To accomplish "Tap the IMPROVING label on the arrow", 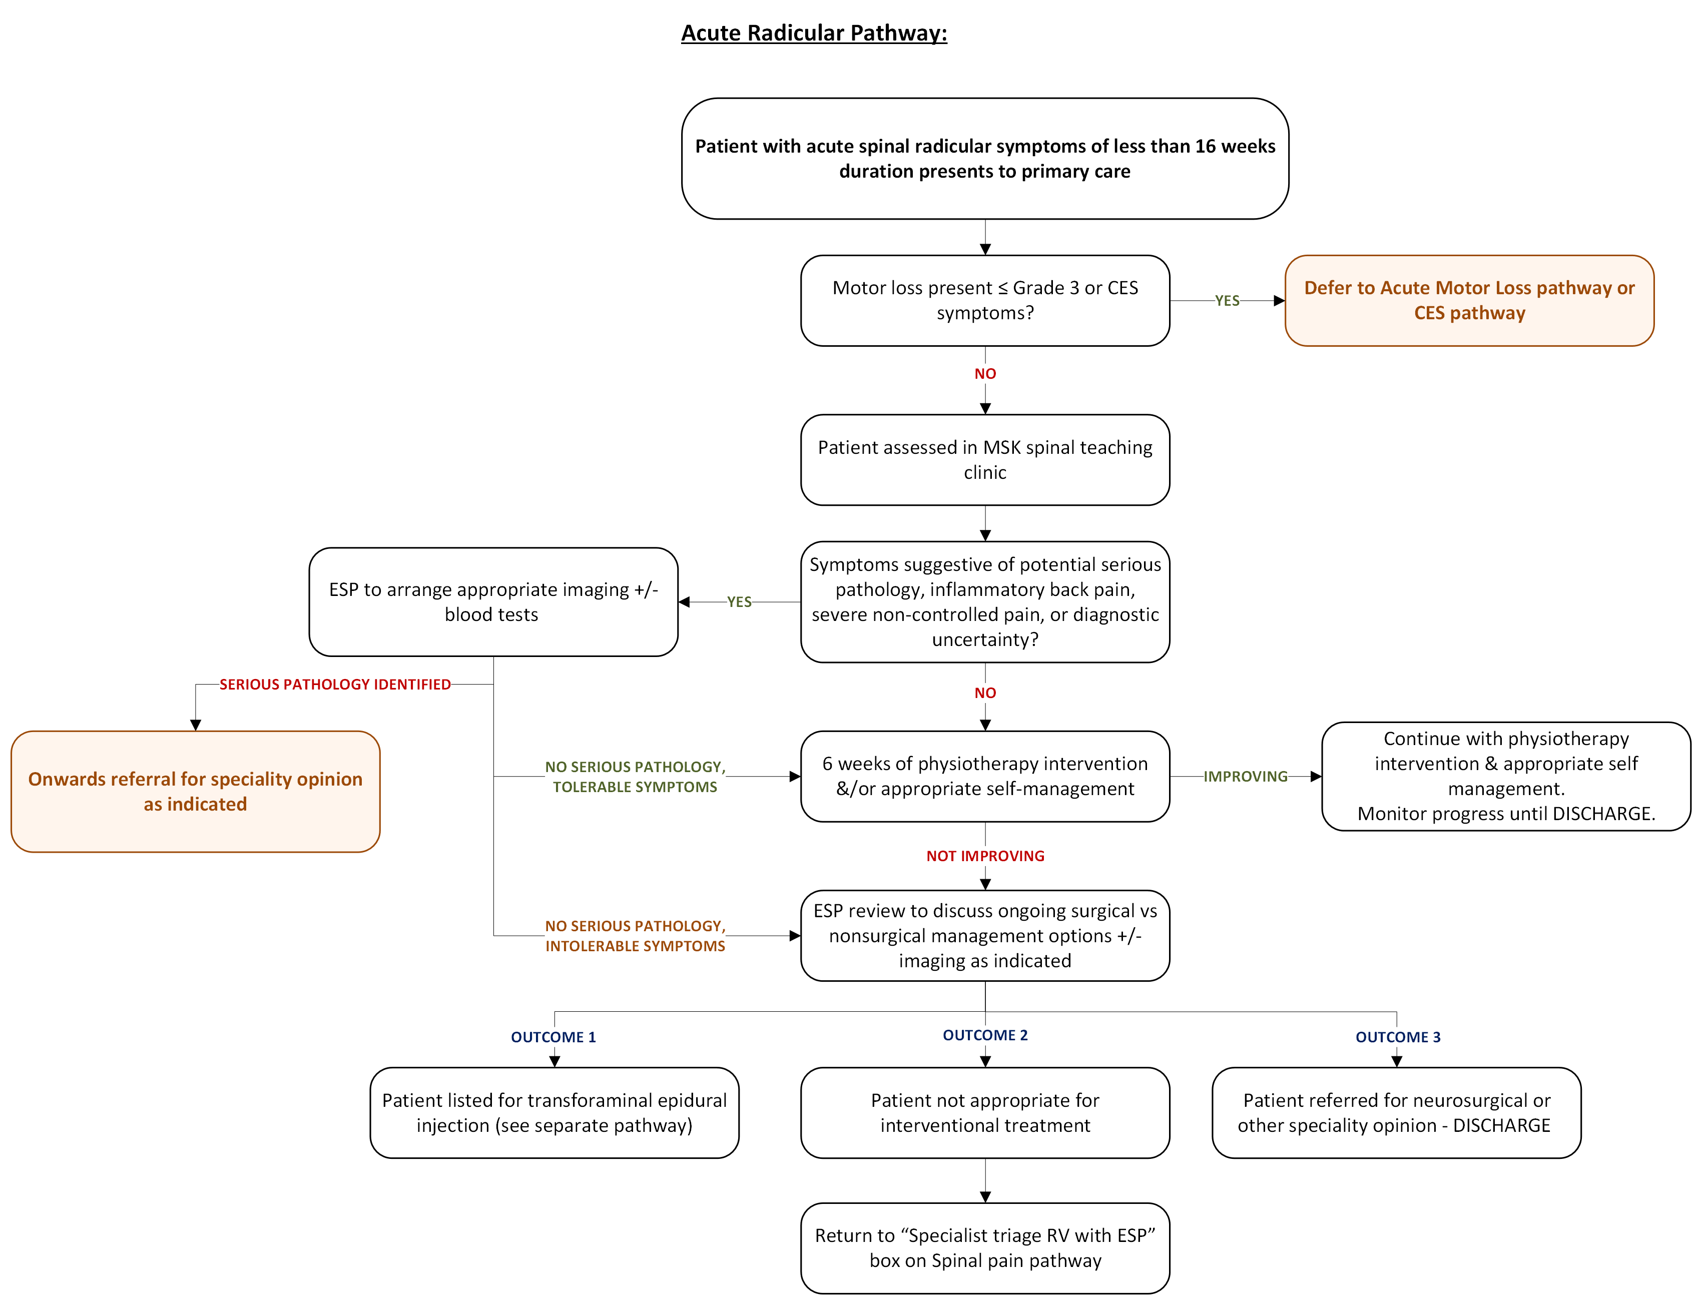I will [x=1245, y=776].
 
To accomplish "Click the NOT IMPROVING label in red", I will [x=984, y=856].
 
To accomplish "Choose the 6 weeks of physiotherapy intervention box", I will [x=984, y=776].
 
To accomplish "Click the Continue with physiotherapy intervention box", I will [x=1505, y=776].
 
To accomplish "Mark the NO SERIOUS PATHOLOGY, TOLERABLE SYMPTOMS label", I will [x=635, y=776].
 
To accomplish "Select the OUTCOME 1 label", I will [x=553, y=1037].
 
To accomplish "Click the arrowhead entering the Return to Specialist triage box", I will [x=985, y=1197].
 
